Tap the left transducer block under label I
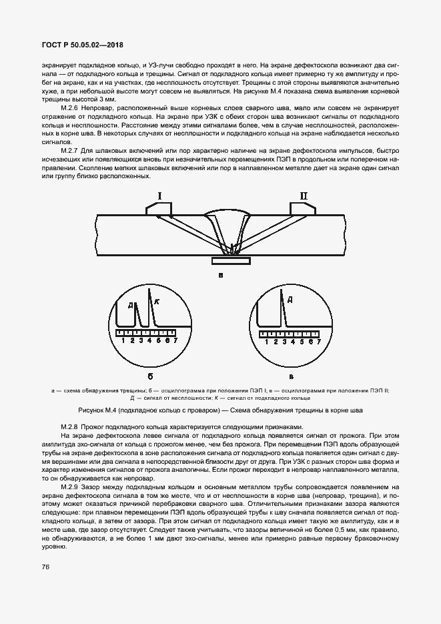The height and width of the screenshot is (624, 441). pos(159,209)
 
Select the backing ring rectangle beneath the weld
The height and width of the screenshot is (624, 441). pos(231,260)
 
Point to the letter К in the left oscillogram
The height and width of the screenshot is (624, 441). pos(157,302)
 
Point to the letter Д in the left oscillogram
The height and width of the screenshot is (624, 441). pos(131,306)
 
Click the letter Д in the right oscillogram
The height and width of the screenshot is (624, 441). pos(290,300)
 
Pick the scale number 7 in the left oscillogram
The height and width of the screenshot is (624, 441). pos(175,340)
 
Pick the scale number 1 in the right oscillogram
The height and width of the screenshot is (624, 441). pos(266,341)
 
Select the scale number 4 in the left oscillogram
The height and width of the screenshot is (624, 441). pos(149,340)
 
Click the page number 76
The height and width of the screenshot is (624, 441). pos(46,568)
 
